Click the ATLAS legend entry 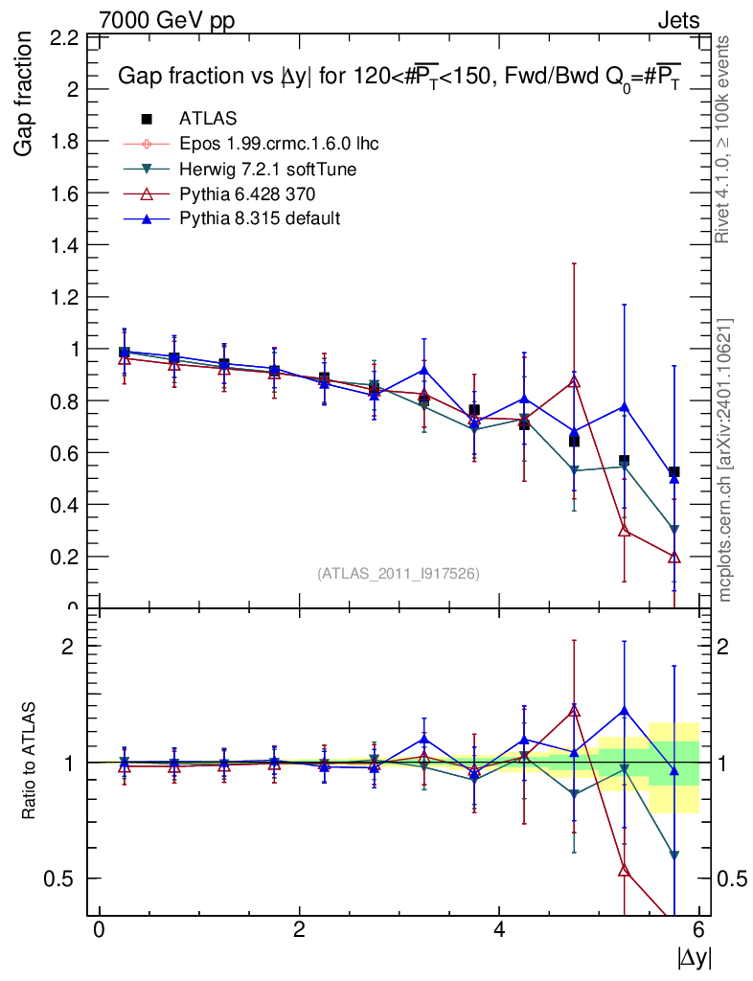(x=208, y=119)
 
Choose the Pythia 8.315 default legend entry (x=260, y=218)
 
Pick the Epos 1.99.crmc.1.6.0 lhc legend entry (x=279, y=144)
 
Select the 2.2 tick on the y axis (x=63, y=39)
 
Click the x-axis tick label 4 (x=499, y=929)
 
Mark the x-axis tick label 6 (x=699, y=929)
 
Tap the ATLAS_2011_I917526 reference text (x=398, y=573)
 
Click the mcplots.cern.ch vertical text (x=725, y=460)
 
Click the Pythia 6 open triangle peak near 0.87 (x=574, y=382)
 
